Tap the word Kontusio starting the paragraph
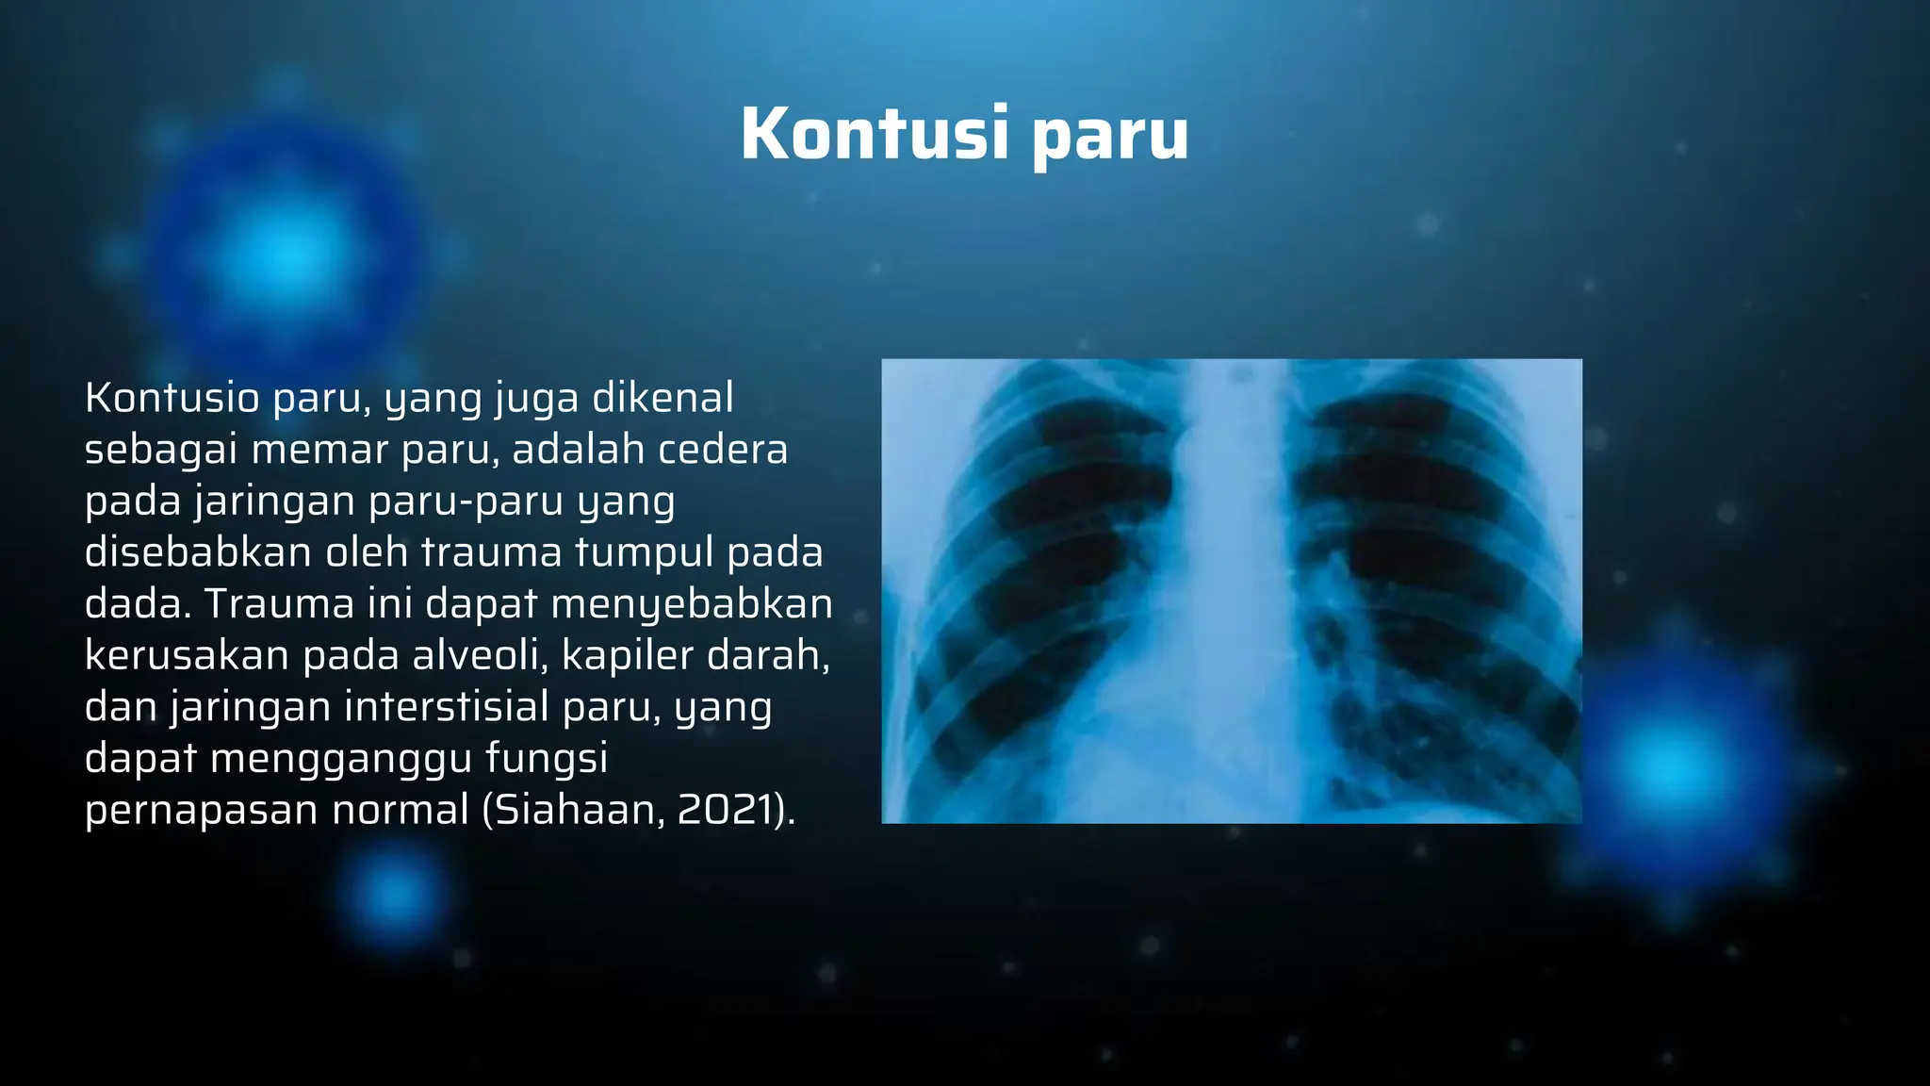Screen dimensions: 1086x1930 [172, 398]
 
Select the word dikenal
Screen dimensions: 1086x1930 [662, 398]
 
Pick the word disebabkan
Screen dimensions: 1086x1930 [198, 552]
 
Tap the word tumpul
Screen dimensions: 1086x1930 [644, 552]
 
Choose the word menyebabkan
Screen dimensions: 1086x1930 [692, 604]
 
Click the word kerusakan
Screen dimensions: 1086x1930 [186, 655]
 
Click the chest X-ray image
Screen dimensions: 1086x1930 [1231, 591]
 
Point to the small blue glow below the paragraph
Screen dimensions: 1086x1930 [395, 890]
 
